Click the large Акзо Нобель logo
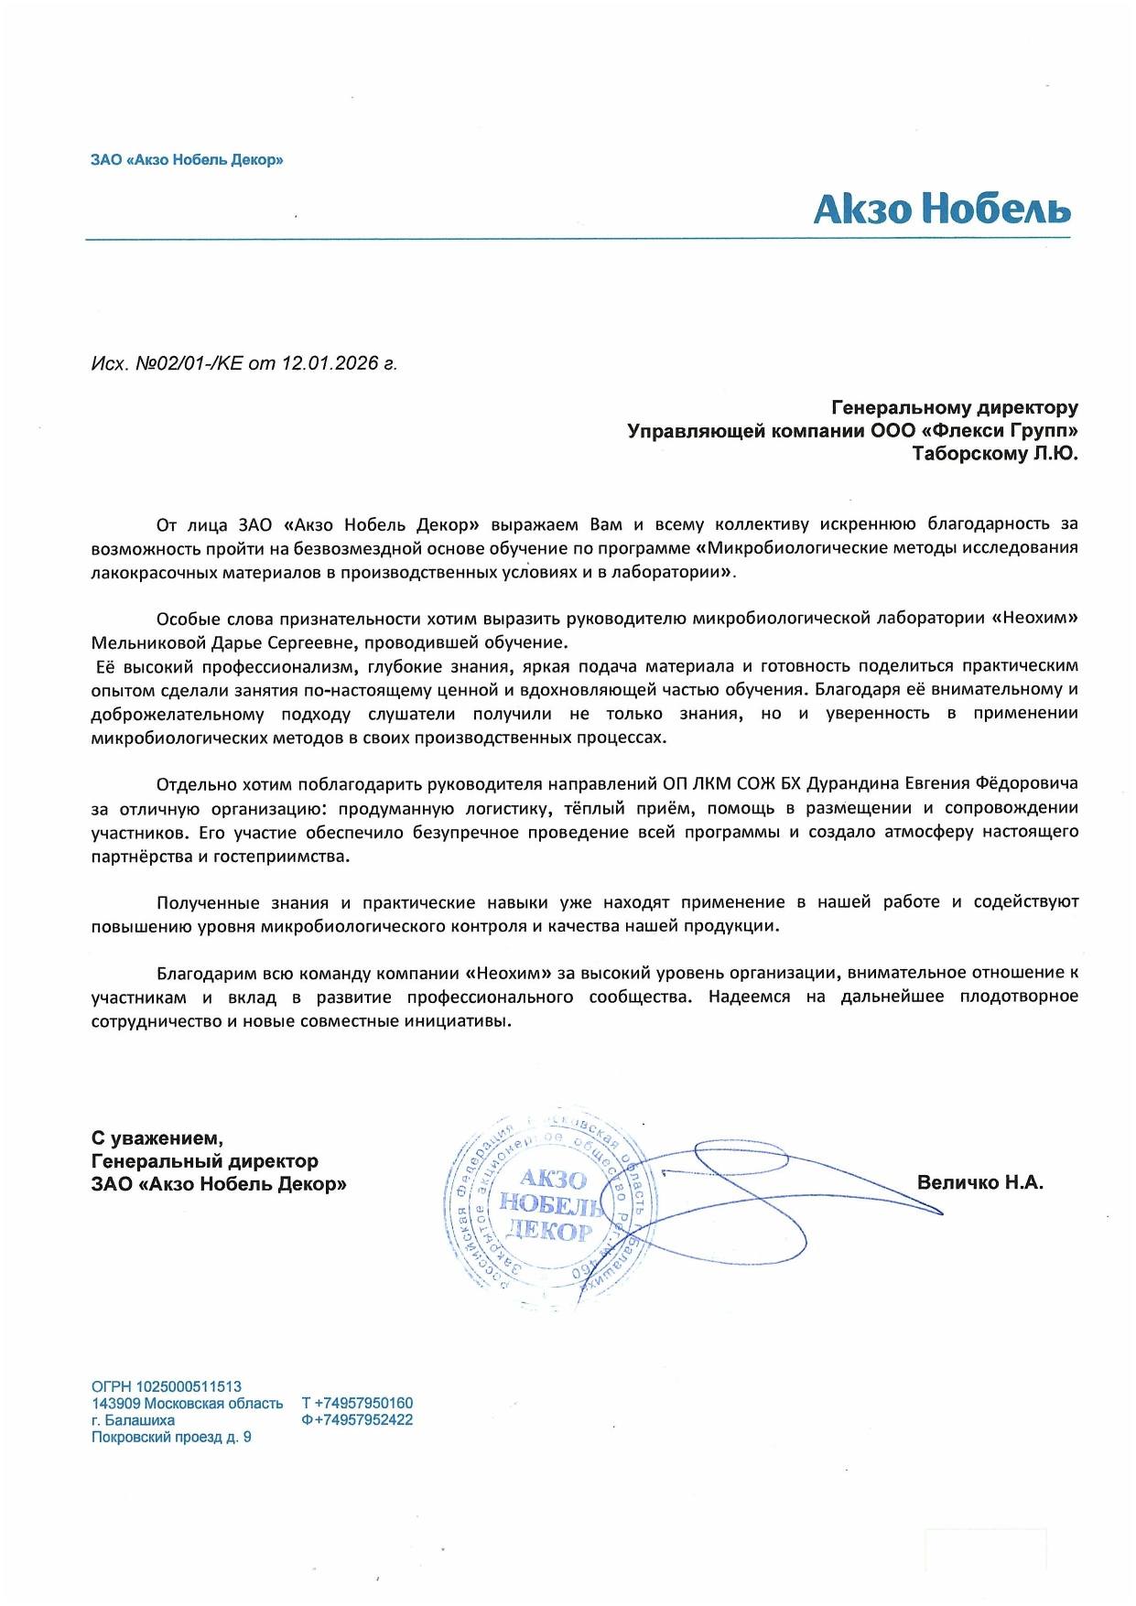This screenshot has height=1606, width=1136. pos(941,210)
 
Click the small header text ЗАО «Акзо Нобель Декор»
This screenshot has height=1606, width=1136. pos(187,160)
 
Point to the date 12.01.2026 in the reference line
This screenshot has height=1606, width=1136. pos(330,363)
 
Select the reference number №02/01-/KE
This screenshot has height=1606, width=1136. pos(189,363)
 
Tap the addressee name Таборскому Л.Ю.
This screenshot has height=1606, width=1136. pos(995,454)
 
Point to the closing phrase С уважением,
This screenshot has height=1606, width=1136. pos(157,1138)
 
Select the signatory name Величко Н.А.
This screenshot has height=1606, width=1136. pos(979,1182)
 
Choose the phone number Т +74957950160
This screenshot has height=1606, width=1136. pos(357,1403)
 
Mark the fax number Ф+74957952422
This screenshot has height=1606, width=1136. pos(357,1420)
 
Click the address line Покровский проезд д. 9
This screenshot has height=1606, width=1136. pos(171,1437)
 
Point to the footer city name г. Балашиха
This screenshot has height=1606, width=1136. pos(133,1420)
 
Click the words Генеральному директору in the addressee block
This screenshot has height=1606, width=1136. pos(954,407)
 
